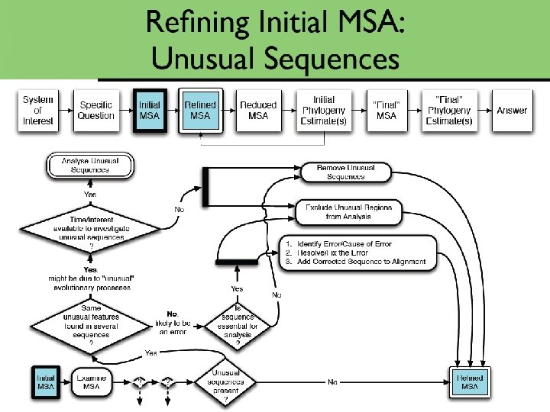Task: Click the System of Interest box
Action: pyautogui.click(x=38, y=111)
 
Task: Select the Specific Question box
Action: pyautogui.click(x=95, y=111)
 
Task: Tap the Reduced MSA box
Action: pyautogui.click(x=258, y=111)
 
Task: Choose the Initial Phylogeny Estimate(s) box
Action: pyautogui.click(x=323, y=111)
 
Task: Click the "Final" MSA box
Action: pyautogui.click(x=387, y=111)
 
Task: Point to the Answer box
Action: pyautogui.click(x=512, y=111)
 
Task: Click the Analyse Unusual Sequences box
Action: pyautogui.click(x=90, y=165)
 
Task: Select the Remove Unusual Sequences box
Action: pyautogui.click(x=346, y=172)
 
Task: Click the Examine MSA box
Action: pyautogui.click(x=91, y=381)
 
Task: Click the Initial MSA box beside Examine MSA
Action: pyautogui.click(x=45, y=381)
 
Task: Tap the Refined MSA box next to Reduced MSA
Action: pyautogui.click(x=200, y=111)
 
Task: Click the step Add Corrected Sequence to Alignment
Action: pyautogui.click(x=354, y=262)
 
